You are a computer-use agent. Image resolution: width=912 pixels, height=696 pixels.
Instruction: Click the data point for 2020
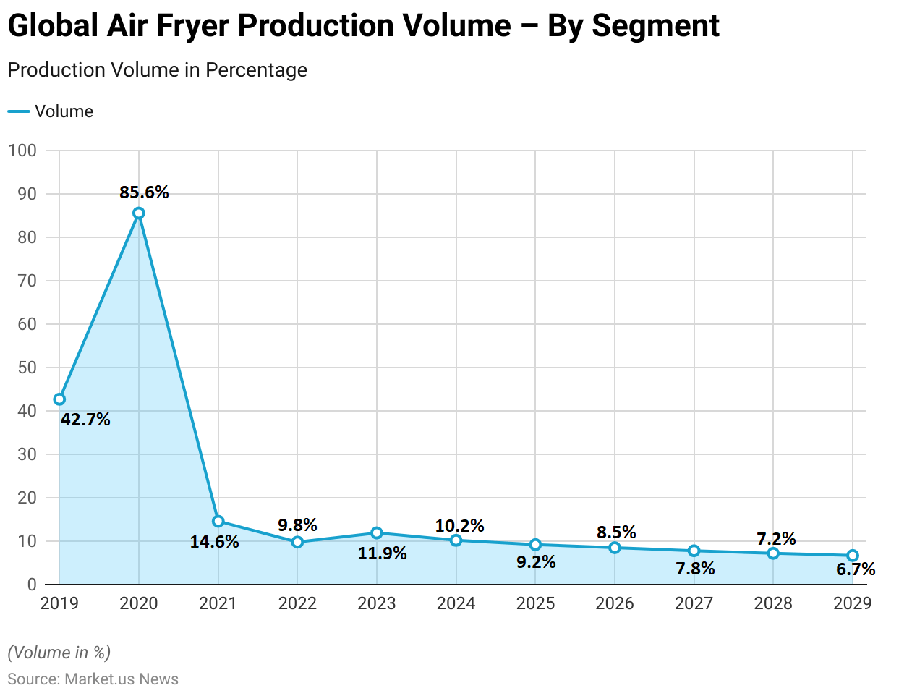point(139,213)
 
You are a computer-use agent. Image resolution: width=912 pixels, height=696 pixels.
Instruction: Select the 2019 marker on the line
point(59,399)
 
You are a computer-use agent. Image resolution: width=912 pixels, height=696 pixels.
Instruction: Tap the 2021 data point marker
point(218,522)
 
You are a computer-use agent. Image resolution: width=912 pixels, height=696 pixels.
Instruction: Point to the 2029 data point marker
point(853,556)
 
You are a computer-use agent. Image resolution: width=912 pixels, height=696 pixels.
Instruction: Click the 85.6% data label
point(144,192)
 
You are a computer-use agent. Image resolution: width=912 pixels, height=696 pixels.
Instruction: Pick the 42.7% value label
point(85,420)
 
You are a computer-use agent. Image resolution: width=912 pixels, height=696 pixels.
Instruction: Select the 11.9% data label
point(382,554)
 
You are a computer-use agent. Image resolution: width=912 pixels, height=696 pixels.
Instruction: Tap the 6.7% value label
point(856,570)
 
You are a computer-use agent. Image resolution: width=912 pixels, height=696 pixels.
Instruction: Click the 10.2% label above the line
point(459,526)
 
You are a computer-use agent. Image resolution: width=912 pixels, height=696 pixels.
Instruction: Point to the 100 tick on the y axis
point(22,150)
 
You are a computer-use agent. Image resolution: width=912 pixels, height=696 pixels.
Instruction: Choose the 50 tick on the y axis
point(27,368)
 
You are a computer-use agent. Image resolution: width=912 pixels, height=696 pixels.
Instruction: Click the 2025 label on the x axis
point(535,603)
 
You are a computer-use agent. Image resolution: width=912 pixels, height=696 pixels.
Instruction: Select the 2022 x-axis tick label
point(297,603)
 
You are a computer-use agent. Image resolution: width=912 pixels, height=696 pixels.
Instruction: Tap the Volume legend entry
point(64,111)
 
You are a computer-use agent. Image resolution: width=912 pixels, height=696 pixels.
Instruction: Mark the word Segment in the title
point(655,26)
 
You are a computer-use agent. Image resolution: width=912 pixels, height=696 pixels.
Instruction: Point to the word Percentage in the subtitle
point(256,70)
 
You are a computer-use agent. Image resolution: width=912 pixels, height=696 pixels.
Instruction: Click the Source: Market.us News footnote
point(93,679)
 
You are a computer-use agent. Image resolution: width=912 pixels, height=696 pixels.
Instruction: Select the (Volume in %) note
point(59,653)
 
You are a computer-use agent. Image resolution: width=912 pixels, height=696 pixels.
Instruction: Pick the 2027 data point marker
point(694,551)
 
